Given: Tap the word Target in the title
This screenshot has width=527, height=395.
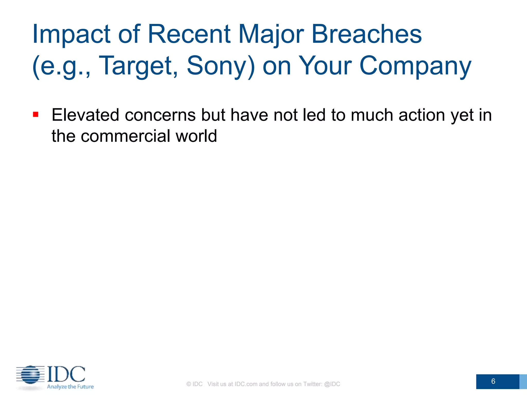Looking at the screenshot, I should pos(138,66).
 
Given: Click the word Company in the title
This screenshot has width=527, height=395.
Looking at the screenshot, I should pos(415,66).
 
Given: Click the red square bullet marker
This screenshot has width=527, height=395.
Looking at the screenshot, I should pos(36,114).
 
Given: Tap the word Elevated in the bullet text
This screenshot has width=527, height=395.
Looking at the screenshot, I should pos(85,115).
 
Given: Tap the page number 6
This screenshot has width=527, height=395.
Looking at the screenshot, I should pos(493,381).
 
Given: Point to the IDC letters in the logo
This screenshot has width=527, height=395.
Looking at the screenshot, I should pos(66,374).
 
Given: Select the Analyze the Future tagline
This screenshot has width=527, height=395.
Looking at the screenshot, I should pos(70,387).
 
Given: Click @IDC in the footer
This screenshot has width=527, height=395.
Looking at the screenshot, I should pos(332,384).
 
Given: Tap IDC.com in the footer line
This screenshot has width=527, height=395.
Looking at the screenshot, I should pos(246,384).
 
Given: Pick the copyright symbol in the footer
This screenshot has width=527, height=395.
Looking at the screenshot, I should pos(189,384).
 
